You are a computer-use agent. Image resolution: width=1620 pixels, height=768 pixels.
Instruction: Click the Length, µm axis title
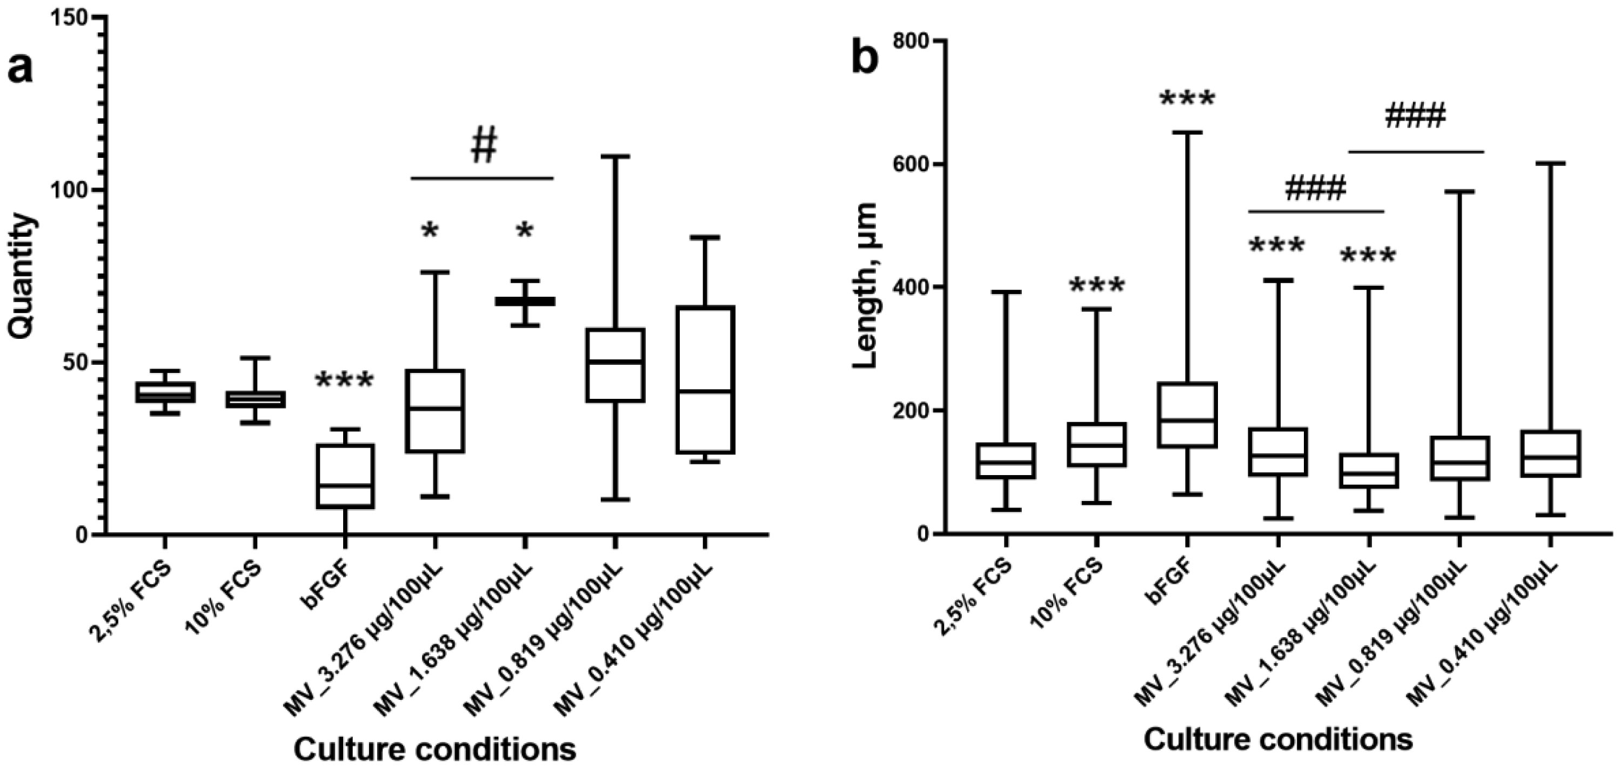coord(867,286)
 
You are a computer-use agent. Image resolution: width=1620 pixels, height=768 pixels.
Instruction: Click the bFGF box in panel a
coord(345,476)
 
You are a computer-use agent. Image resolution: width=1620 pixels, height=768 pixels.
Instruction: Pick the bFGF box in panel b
coord(1187,415)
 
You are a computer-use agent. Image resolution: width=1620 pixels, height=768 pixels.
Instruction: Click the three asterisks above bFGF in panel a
coord(344,380)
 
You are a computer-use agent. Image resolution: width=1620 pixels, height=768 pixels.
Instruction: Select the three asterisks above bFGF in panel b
coord(1187,99)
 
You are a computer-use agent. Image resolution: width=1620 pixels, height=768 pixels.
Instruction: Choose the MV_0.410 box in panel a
coord(705,379)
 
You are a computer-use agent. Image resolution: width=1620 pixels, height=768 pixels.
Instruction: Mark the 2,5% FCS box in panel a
coord(165,392)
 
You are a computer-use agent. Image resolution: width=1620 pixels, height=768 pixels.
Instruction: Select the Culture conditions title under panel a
coord(434,749)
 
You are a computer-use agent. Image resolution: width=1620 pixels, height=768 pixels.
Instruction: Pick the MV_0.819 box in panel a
coord(615,365)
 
